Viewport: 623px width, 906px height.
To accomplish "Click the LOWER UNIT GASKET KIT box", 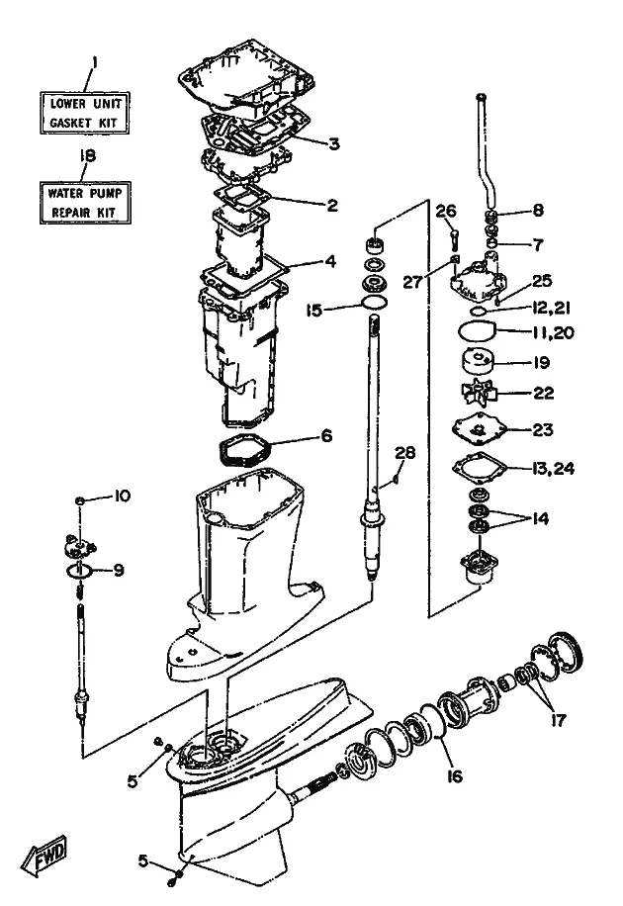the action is point(84,113).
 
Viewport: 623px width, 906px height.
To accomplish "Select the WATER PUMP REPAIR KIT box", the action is point(85,202).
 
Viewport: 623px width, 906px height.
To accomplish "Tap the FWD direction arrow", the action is point(44,854).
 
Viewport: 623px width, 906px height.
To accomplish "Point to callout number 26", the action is point(446,211).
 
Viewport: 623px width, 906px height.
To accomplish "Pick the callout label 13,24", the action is point(553,468).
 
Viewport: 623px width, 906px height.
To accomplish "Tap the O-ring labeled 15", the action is point(374,302).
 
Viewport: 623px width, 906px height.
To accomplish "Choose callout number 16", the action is point(455,776).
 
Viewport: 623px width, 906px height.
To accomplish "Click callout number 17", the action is point(559,720).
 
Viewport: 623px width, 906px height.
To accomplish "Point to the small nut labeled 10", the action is point(81,500).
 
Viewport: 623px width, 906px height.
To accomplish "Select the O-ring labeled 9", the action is point(79,571).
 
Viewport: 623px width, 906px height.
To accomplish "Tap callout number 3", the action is point(334,143).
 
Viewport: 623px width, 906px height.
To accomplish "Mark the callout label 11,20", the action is point(553,332).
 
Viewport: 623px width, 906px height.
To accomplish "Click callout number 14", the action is point(539,518).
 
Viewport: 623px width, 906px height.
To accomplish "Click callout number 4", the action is point(330,261).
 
